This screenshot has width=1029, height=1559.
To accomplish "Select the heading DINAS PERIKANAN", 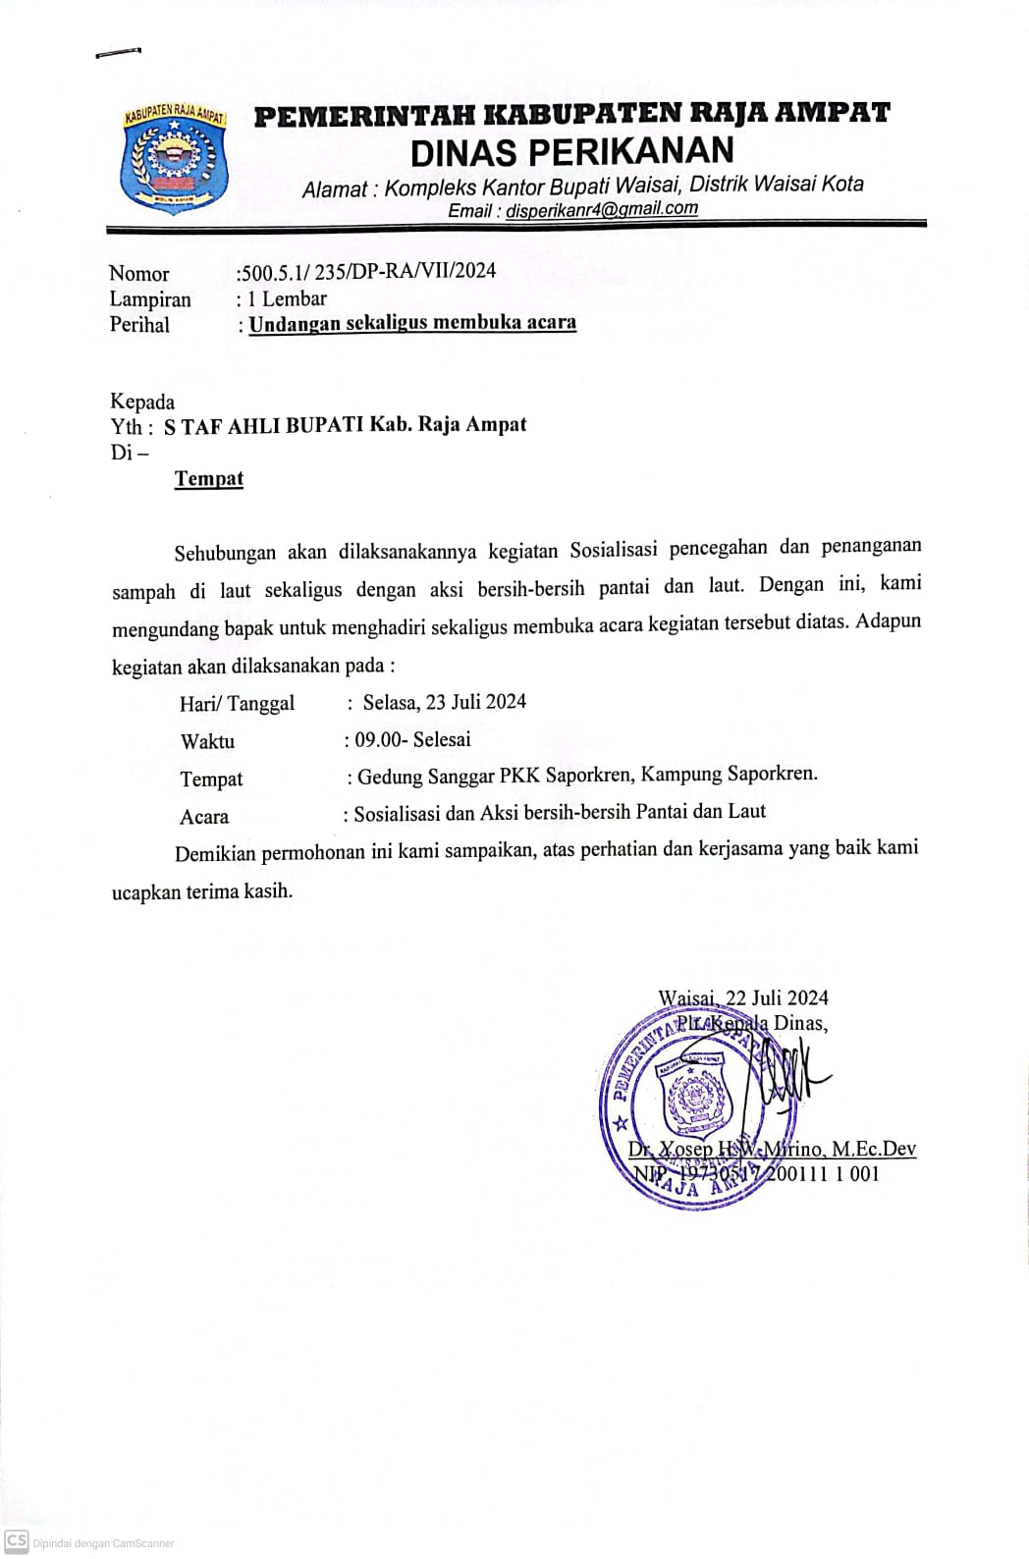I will click(571, 150).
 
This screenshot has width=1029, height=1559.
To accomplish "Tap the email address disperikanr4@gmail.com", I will click(601, 209).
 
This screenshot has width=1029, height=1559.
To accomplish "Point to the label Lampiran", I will click(149, 299).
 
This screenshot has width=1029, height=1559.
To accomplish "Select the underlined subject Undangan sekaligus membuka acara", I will click(412, 323).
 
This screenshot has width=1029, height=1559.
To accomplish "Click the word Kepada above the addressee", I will click(142, 402).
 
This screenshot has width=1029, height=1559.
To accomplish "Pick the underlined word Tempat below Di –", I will click(208, 479).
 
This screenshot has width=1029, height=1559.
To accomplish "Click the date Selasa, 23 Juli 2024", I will click(444, 702).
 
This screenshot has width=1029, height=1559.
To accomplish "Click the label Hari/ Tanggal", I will click(237, 703).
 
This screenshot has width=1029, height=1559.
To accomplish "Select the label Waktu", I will click(207, 741).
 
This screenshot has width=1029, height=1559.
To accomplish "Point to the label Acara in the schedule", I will click(204, 817).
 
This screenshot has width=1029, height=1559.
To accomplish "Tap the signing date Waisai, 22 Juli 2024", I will click(742, 997).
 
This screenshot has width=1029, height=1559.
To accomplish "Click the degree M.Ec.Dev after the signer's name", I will click(873, 1149).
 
